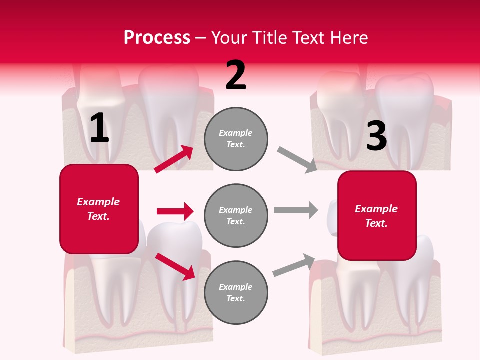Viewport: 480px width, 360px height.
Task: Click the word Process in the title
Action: [157, 38]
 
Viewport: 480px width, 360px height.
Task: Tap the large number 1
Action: [99, 128]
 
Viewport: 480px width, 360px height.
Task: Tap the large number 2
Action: [236, 75]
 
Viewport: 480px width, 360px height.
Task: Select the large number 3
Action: [376, 136]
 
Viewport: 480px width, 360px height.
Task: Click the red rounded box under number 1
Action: [99, 209]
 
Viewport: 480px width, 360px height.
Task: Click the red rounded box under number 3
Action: [377, 215]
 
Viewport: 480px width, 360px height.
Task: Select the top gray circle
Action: [236, 139]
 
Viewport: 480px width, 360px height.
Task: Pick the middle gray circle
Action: [236, 215]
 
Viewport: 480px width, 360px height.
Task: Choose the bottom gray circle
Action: [236, 292]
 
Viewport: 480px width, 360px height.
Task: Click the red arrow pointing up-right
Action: [174, 159]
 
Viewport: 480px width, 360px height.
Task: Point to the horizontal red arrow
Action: [175, 211]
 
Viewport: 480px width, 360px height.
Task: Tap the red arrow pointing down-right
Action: [175, 266]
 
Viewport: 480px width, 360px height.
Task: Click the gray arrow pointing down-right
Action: [297, 160]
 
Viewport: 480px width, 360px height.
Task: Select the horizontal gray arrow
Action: [295, 210]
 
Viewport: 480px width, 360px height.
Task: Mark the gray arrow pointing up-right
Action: [294, 265]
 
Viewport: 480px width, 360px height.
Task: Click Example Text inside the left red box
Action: [98, 209]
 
